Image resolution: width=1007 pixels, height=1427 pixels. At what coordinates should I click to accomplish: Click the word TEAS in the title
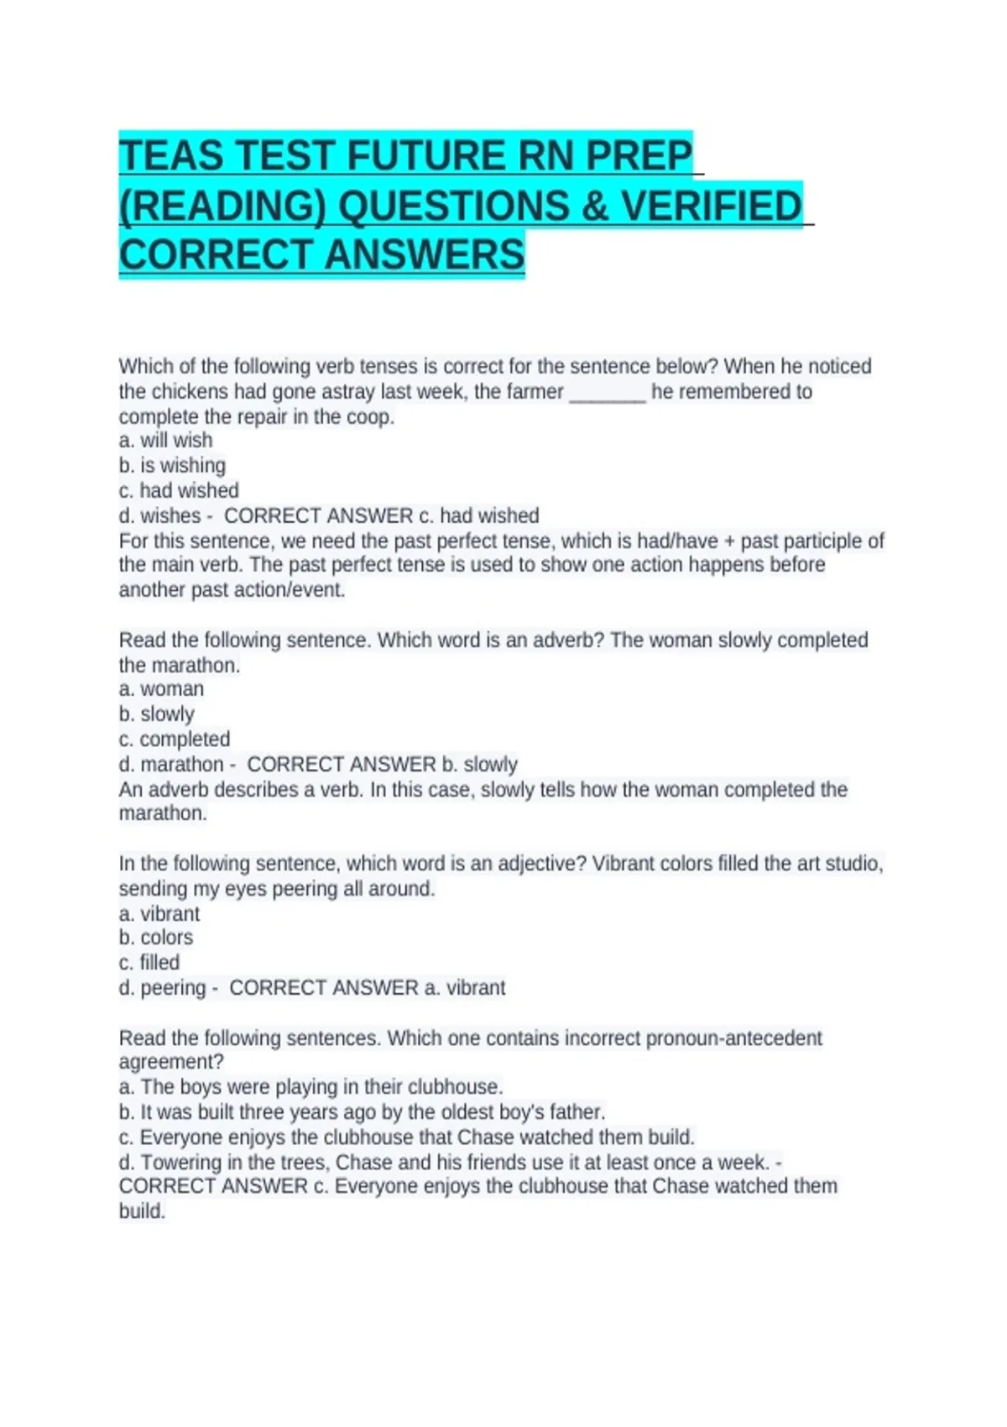point(171,156)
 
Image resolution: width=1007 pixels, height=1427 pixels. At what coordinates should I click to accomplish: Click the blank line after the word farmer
point(608,392)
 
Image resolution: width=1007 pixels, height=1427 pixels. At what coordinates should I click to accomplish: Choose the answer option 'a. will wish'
point(165,440)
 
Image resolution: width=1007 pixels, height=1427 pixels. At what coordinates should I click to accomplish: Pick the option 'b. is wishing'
point(172,465)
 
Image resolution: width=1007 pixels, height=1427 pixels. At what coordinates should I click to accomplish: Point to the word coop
point(371,417)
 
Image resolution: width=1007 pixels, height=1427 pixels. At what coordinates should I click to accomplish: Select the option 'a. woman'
point(161,689)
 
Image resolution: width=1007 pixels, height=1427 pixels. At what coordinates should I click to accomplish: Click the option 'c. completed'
point(174,740)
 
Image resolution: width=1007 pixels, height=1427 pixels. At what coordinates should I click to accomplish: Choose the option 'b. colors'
point(155,938)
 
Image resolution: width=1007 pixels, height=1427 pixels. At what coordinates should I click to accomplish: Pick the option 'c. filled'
point(149,963)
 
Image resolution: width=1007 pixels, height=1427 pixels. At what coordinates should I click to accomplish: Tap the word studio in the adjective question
point(853,864)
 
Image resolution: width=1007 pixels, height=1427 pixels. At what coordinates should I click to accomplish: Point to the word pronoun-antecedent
point(733,1038)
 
